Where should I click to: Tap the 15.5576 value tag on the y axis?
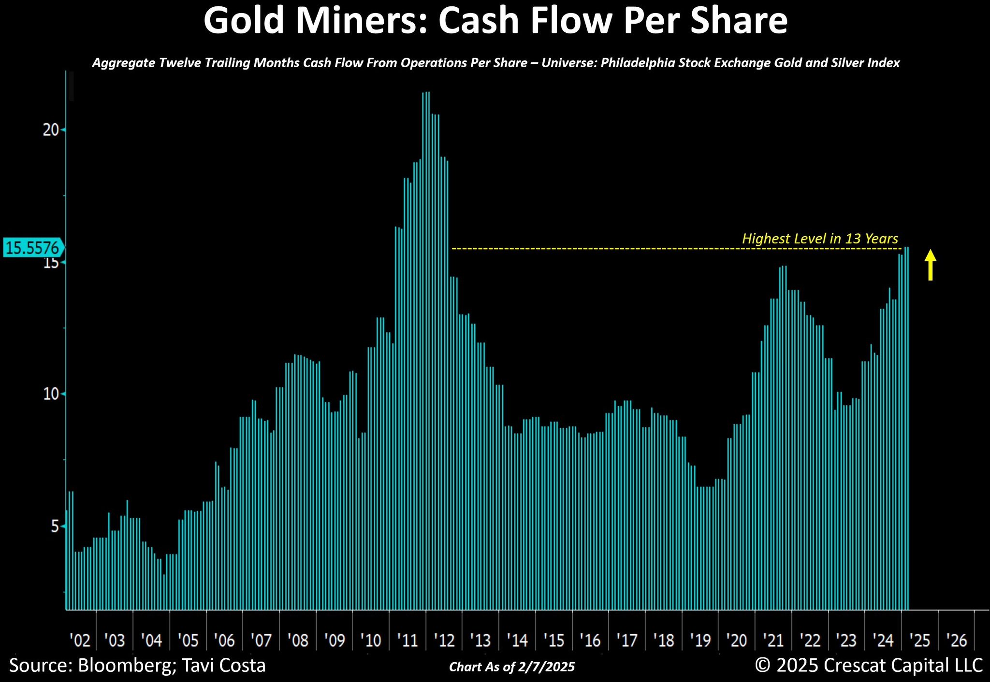[32, 248]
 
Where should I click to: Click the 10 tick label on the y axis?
[51, 394]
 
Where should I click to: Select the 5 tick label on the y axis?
[55, 526]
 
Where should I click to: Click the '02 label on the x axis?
[80, 640]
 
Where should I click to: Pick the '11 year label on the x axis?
[408, 640]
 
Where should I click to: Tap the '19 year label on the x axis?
[700, 640]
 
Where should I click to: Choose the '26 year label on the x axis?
[956, 640]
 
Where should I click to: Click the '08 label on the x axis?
[298, 640]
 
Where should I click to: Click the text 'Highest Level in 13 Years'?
[820, 239]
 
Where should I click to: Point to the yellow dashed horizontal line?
[677, 249]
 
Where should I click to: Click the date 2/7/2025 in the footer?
[547, 667]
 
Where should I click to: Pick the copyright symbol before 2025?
[763, 666]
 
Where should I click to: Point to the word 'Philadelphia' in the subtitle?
[636, 63]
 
